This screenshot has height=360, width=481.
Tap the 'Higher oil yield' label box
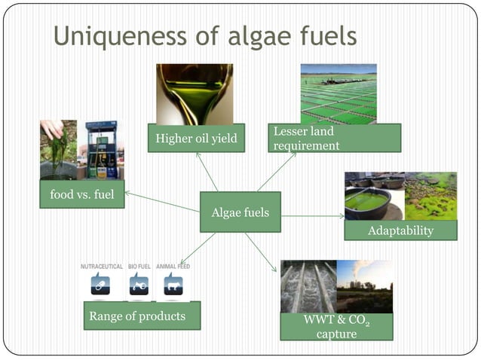coord(195,138)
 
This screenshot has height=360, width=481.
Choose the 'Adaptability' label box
coord(400,230)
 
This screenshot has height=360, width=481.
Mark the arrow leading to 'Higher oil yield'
coord(207,172)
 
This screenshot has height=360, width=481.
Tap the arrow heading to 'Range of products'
coord(198,248)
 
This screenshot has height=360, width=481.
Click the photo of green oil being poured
coord(195,93)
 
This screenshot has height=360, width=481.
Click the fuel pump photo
coord(102,150)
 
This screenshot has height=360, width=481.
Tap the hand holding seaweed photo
coord(58,150)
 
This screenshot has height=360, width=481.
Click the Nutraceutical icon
coord(101,284)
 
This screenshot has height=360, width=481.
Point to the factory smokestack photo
coord(364,286)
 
